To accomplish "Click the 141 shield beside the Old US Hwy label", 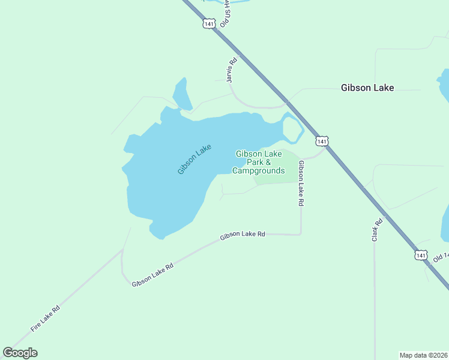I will [x=208, y=24].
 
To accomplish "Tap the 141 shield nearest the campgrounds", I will [x=322, y=141].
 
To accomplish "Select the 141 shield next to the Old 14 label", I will [x=421, y=255].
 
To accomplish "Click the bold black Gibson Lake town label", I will [x=367, y=88].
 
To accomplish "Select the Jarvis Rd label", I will [x=232, y=70].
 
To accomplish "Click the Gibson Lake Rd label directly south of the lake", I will [x=242, y=235].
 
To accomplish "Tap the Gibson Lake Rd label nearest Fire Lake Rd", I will [x=152, y=274].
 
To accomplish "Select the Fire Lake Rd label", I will [x=46, y=319].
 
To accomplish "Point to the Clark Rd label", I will [x=378, y=230].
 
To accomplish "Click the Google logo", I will [x=20, y=353].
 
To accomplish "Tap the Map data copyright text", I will [x=423, y=355].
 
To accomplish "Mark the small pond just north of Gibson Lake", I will [x=181, y=94].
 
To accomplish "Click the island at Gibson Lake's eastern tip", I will [x=291, y=128].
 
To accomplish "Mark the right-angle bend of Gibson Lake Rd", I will [x=300, y=234].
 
